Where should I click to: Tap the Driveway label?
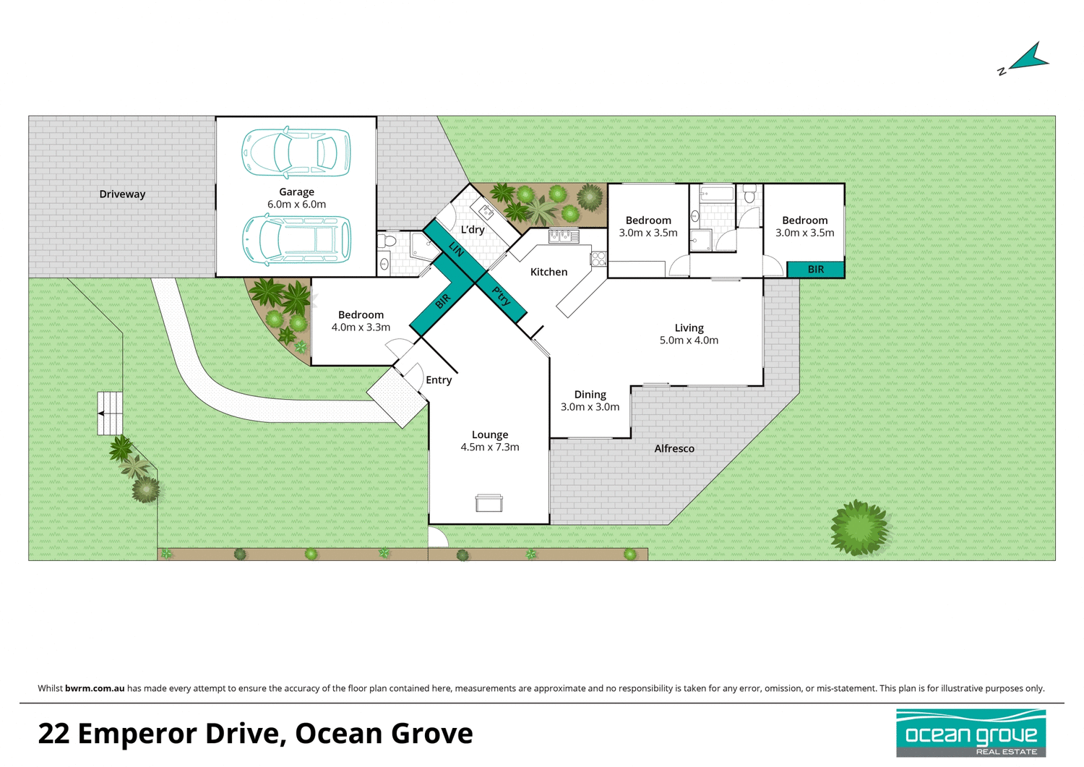[x=122, y=194]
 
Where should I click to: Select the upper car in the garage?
[x=296, y=153]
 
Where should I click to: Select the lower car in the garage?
[x=296, y=239]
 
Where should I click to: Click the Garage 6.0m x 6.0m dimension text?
[x=296, y=205]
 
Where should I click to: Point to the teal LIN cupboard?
[x=455, y=249]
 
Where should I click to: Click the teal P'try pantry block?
[x=502, y=296]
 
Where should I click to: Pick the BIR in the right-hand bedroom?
[x=815, y=270]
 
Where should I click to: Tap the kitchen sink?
[x=564, y=236]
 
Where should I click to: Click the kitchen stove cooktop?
[x=598, y=259]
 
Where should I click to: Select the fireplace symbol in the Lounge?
[x=489, y=503]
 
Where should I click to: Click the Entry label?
[x=439, y=380]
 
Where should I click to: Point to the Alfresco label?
[x=674, y=449]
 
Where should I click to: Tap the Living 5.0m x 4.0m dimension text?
[x=689, y=340]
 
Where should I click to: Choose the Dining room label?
[x=590, y=395]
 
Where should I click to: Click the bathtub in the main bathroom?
[x=716, y=194]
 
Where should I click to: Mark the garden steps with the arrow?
[x=110, y=414]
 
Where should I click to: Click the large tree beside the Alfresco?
[x=859, y=528]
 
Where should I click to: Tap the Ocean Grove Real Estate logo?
[x=971, y=732]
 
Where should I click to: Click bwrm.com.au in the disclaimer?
[x=95, y=688]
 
